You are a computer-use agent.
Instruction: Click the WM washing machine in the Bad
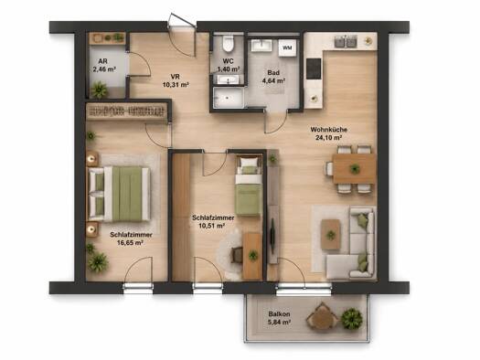click(287, 48)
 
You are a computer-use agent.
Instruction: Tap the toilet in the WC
click(228, 44)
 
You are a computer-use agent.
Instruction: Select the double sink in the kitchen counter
click(346, 41)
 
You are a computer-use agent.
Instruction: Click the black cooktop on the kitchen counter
click(314, 69)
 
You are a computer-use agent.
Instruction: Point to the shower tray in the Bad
click(229, 97)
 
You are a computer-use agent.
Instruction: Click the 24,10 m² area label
click(328, 138)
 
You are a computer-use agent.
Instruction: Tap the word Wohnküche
click(328, 130)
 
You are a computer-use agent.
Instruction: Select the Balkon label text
click(279, 314)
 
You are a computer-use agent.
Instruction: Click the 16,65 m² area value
click(131, 243)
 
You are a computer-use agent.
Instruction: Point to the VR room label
click(176, 77)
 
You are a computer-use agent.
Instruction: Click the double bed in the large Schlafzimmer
click(120, 194)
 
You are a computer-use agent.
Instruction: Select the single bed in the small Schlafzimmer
click(249, 185)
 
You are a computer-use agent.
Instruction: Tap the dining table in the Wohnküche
click(355, 168)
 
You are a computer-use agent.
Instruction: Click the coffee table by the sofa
click(330, 235)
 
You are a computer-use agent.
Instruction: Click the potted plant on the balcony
click(352, 319)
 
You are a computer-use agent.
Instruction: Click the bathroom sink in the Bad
click(262, 46)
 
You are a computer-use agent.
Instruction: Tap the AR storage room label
click(102, 61)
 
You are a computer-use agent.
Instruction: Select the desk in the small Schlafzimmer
click(252, 256)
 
